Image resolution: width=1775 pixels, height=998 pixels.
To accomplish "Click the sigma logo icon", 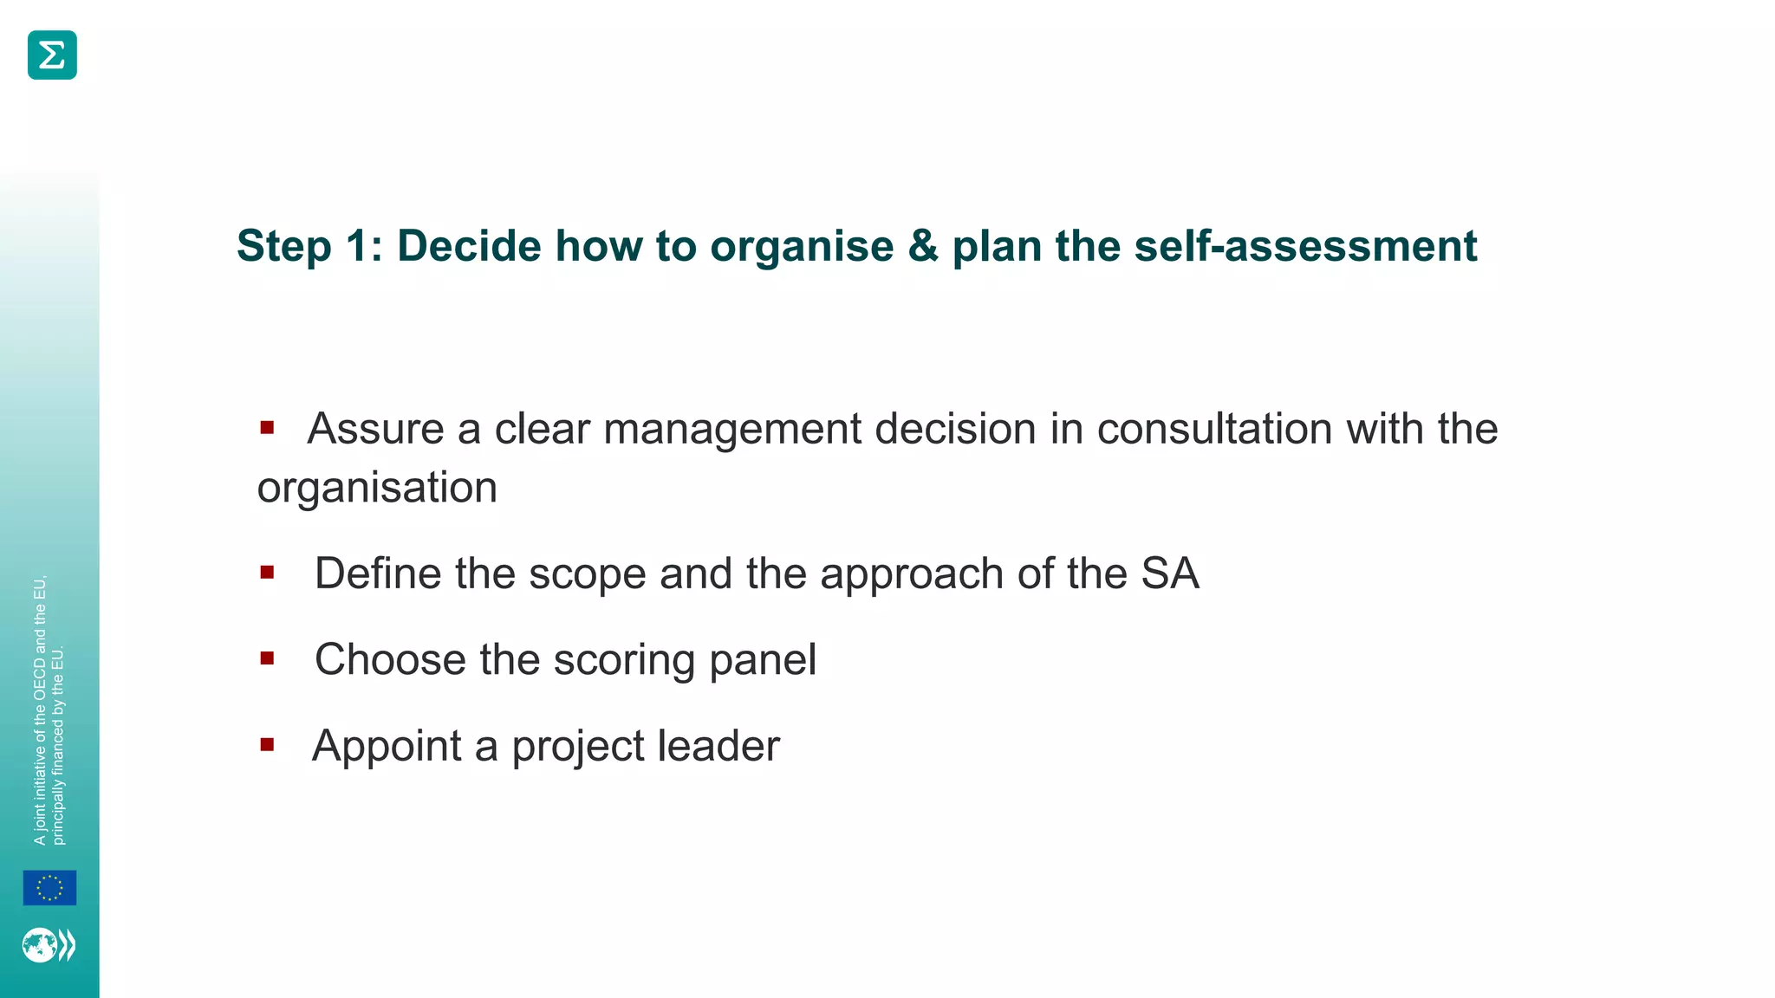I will (x=52, y=55).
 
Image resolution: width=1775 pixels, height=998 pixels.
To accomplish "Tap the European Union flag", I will (x=49, y=888).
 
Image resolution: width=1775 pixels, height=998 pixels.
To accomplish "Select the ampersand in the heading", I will (x=923, y=246).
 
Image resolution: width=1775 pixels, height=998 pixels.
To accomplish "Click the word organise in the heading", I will (x=802, y=248).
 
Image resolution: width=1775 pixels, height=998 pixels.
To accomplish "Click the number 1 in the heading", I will (x=357, y=246).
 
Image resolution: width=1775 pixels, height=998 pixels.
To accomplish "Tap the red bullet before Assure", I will (x=267, y=427).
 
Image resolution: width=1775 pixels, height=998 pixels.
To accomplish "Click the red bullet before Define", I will (x=267, y=572).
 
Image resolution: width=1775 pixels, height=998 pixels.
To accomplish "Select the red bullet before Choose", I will (x=267, y=658).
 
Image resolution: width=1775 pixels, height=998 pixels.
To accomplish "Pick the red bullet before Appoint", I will (x=267, y=744).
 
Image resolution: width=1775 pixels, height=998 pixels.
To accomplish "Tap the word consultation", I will (x=1213, y=429).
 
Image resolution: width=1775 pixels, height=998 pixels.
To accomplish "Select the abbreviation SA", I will (x=1170, y=574).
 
